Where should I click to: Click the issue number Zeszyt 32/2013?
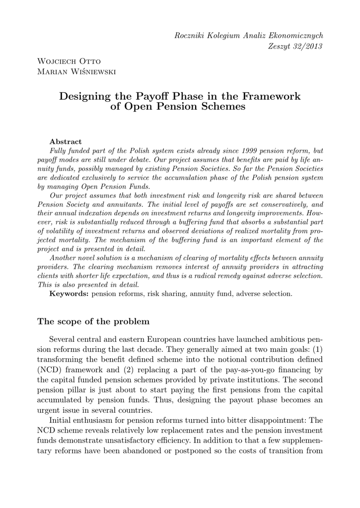(295, 46)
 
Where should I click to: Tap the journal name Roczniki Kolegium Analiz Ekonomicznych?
(249, 35)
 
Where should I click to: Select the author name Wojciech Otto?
(69, 62)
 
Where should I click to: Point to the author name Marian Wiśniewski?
(76, 73)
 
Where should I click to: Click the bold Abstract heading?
(66, 141)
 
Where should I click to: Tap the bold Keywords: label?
(69, 294)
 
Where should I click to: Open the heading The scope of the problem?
(93, 321)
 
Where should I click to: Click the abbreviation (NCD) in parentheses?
(50, 369)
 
